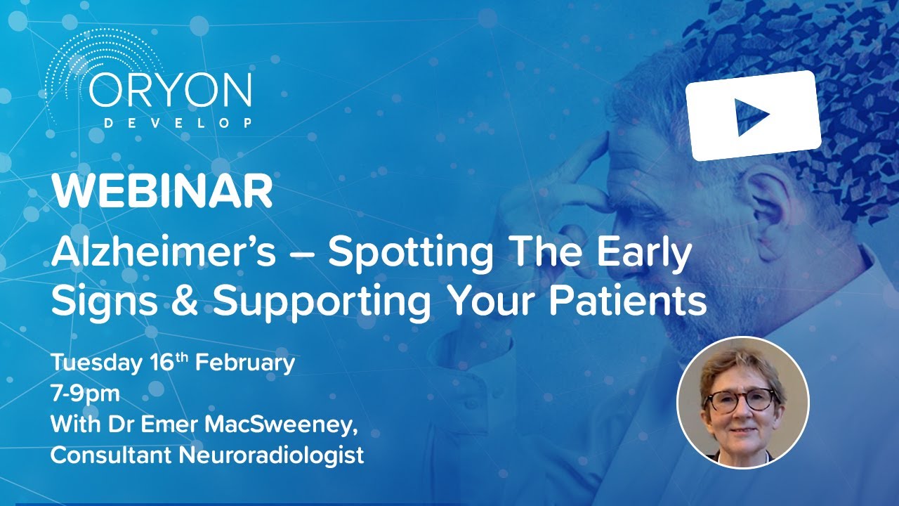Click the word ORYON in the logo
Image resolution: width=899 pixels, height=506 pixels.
coord(170,91)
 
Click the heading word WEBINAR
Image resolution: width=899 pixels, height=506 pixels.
coord(162,191)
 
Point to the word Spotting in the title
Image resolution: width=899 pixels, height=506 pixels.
coord(410,257)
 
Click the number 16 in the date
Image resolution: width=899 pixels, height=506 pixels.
coord(162,363)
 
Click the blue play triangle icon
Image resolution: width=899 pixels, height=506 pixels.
coord(752,117)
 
